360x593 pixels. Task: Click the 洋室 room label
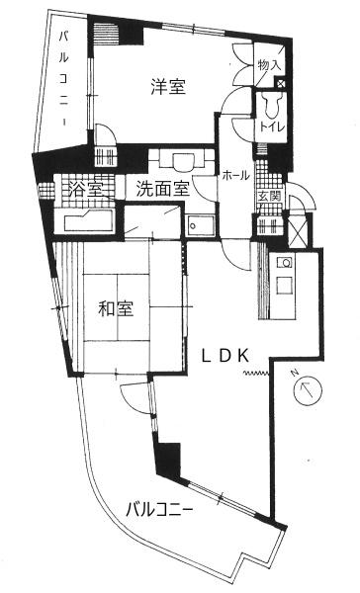tap(168, 87)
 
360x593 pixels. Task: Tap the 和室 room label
tap(116, 308)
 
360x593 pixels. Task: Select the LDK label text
tap(225, 356)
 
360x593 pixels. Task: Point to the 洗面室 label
tap(163, 188)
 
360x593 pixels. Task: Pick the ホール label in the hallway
tap(235, 176)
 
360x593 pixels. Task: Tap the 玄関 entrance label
tap(269, 197)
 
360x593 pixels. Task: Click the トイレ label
tap(271, 127)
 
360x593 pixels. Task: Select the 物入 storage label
tap(269, 65)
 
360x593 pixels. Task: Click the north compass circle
tap(308, 391)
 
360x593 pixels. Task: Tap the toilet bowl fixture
tap(271, 106)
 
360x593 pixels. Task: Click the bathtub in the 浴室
tap(89, 221)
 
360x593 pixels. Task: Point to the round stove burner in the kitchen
tap(286, 262)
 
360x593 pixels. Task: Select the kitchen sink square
tap(285, 286)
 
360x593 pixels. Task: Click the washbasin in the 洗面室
tap(182, 160)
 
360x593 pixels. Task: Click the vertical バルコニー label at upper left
tap(64, 79)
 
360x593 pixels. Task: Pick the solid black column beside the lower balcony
tap(168, 461)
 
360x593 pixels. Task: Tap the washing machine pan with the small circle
tap(200, 225)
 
